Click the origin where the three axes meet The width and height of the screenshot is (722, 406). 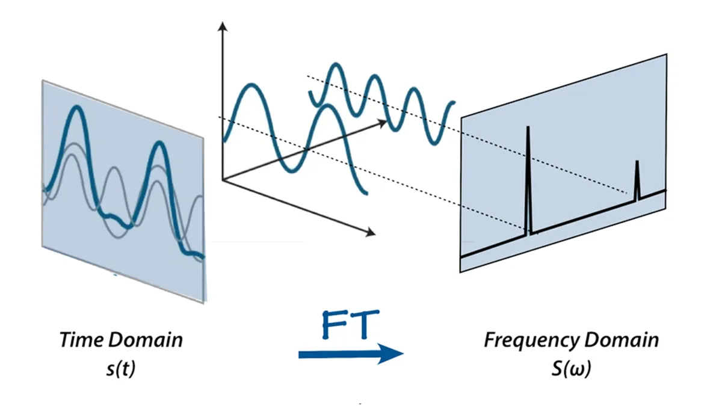[223, 179]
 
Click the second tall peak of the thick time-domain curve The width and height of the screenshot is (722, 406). [158, 143]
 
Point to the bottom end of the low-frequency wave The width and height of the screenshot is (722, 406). [365, 192]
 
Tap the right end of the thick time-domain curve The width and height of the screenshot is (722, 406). [202, 257]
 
